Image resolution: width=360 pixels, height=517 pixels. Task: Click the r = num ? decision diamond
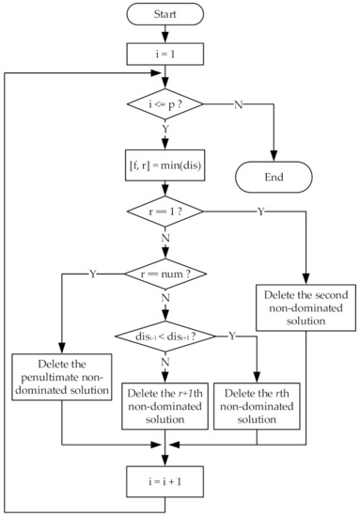pos(164,274)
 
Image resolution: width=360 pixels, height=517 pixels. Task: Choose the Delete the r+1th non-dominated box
pos(164,400)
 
